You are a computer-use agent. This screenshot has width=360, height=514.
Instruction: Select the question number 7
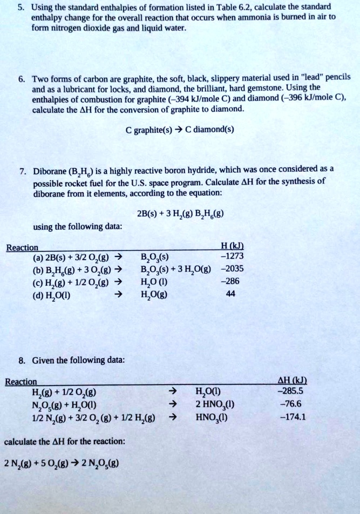click(22, 170)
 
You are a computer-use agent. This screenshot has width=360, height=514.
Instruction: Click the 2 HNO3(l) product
click(215, 404)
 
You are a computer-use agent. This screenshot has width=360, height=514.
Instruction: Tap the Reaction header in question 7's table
click(21, 247)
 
